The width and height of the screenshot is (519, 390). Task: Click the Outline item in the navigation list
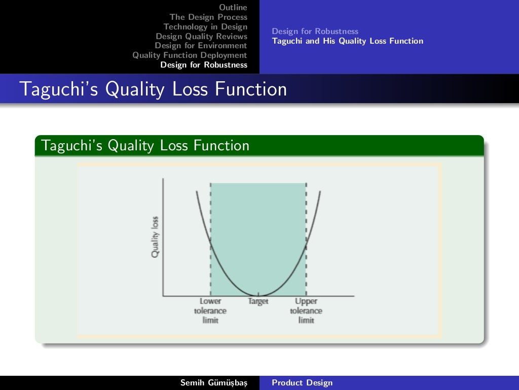(x=233, y=8)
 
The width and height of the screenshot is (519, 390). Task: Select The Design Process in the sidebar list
(x=208, y=17)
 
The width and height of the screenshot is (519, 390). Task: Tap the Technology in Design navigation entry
(x=205, y=27)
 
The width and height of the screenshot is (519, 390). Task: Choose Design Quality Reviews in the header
(x=201, y=36)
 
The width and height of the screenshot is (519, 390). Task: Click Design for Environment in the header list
(x=201, y=46)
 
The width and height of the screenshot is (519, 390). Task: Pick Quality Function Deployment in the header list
(x=190, y=55)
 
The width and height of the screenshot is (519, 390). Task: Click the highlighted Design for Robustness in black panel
(x=204, y=65)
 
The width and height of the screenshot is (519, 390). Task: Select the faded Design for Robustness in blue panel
(x=315, y=31)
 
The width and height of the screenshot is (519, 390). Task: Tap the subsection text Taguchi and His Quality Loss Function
(x=347, y=41)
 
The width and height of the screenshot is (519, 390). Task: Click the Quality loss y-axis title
(x=155, y=237)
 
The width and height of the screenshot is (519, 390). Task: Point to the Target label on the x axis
(x=258, y=302)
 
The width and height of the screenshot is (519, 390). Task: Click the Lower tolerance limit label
(x=210, y=311)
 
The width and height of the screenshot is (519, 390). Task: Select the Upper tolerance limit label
(x=306, y=311)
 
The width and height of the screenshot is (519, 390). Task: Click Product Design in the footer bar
(x=302, y=383)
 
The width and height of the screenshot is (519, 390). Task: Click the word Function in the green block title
(x=221, y=146)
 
